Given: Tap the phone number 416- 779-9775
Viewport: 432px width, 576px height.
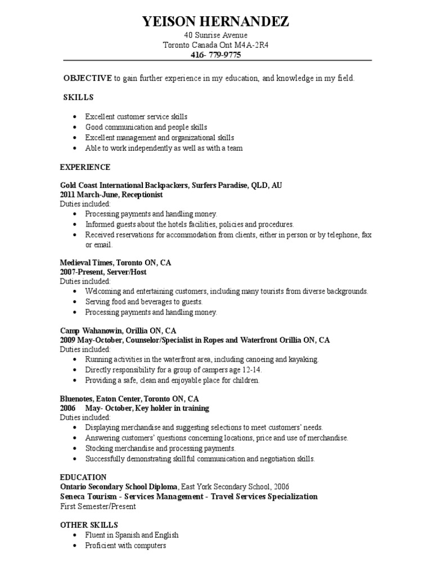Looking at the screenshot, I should pos(217,55).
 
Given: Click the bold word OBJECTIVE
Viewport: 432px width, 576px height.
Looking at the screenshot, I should pos(88,78).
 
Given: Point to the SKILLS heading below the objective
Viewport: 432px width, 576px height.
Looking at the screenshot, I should pos(78,97).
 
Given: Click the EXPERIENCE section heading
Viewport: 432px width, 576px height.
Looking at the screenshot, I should pos(85,167).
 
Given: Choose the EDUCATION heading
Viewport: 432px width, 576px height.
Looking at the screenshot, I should pos(83,476).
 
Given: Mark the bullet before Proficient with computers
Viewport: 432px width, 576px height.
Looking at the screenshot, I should pos(75,546).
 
